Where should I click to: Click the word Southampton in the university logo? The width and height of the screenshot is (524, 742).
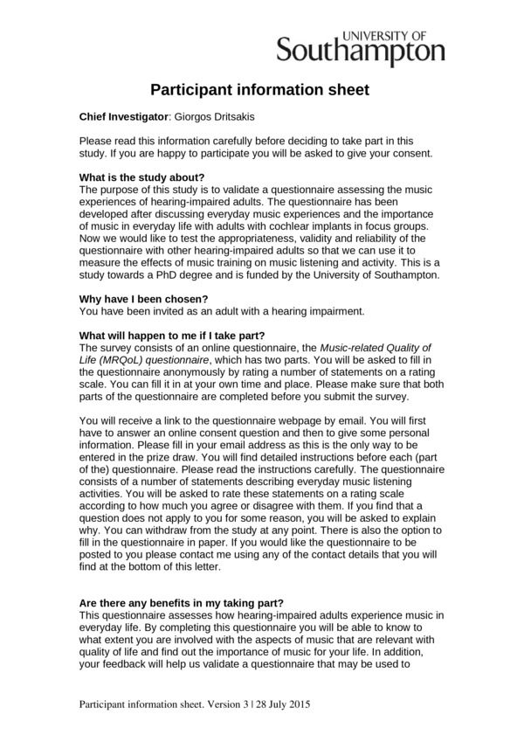pos(361,52)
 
